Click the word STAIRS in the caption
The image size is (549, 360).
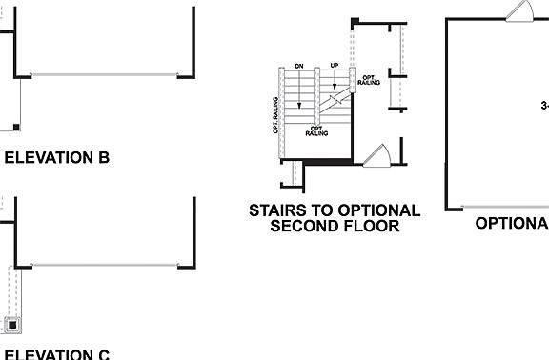tap(280, 210)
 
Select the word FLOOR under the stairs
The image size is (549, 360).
tap(370, 227)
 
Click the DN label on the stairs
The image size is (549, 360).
tap(299, 66)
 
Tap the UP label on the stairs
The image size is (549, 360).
tap(335, 66)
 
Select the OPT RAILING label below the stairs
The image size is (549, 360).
tap(317, 130)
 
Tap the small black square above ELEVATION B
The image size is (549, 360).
tap(16, 127)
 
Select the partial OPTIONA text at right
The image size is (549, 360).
tap(512, 222)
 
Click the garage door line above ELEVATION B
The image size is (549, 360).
tap(105, 74)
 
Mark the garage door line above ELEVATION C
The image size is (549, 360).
tap(105, 265)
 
